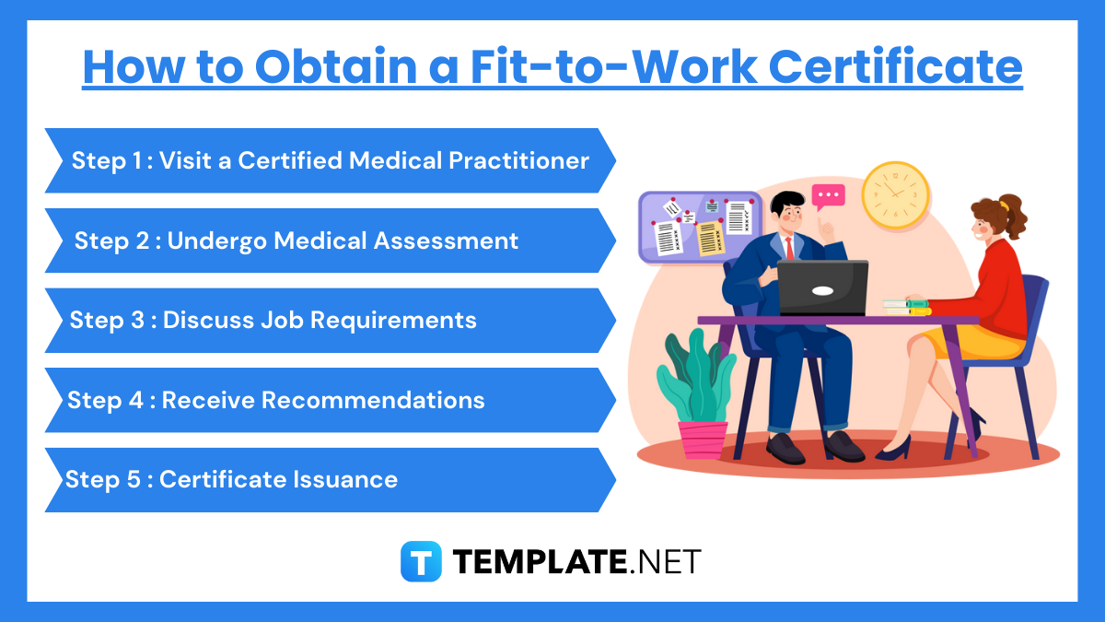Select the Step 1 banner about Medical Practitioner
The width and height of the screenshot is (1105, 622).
click(330, 160)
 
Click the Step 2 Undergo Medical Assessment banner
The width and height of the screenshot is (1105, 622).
click(330, 241)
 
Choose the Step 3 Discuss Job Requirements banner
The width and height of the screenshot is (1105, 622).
click(330, 320)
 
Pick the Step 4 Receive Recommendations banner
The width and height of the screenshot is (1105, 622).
click(330, 400)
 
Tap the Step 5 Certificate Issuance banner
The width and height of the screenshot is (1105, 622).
click(330, 480)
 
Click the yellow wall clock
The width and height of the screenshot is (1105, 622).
click(895, 195)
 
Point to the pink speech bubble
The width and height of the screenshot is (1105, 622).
click(828, 196)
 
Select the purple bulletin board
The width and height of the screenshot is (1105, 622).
click(700, 227)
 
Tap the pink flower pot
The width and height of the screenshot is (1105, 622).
click(703, 439)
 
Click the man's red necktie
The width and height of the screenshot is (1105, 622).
click(789, 249)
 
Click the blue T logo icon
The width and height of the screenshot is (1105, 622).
click(421, 561)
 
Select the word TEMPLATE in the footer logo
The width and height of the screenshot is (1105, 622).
click(537, 561)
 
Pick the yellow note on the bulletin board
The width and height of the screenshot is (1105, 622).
click(708, 238)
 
